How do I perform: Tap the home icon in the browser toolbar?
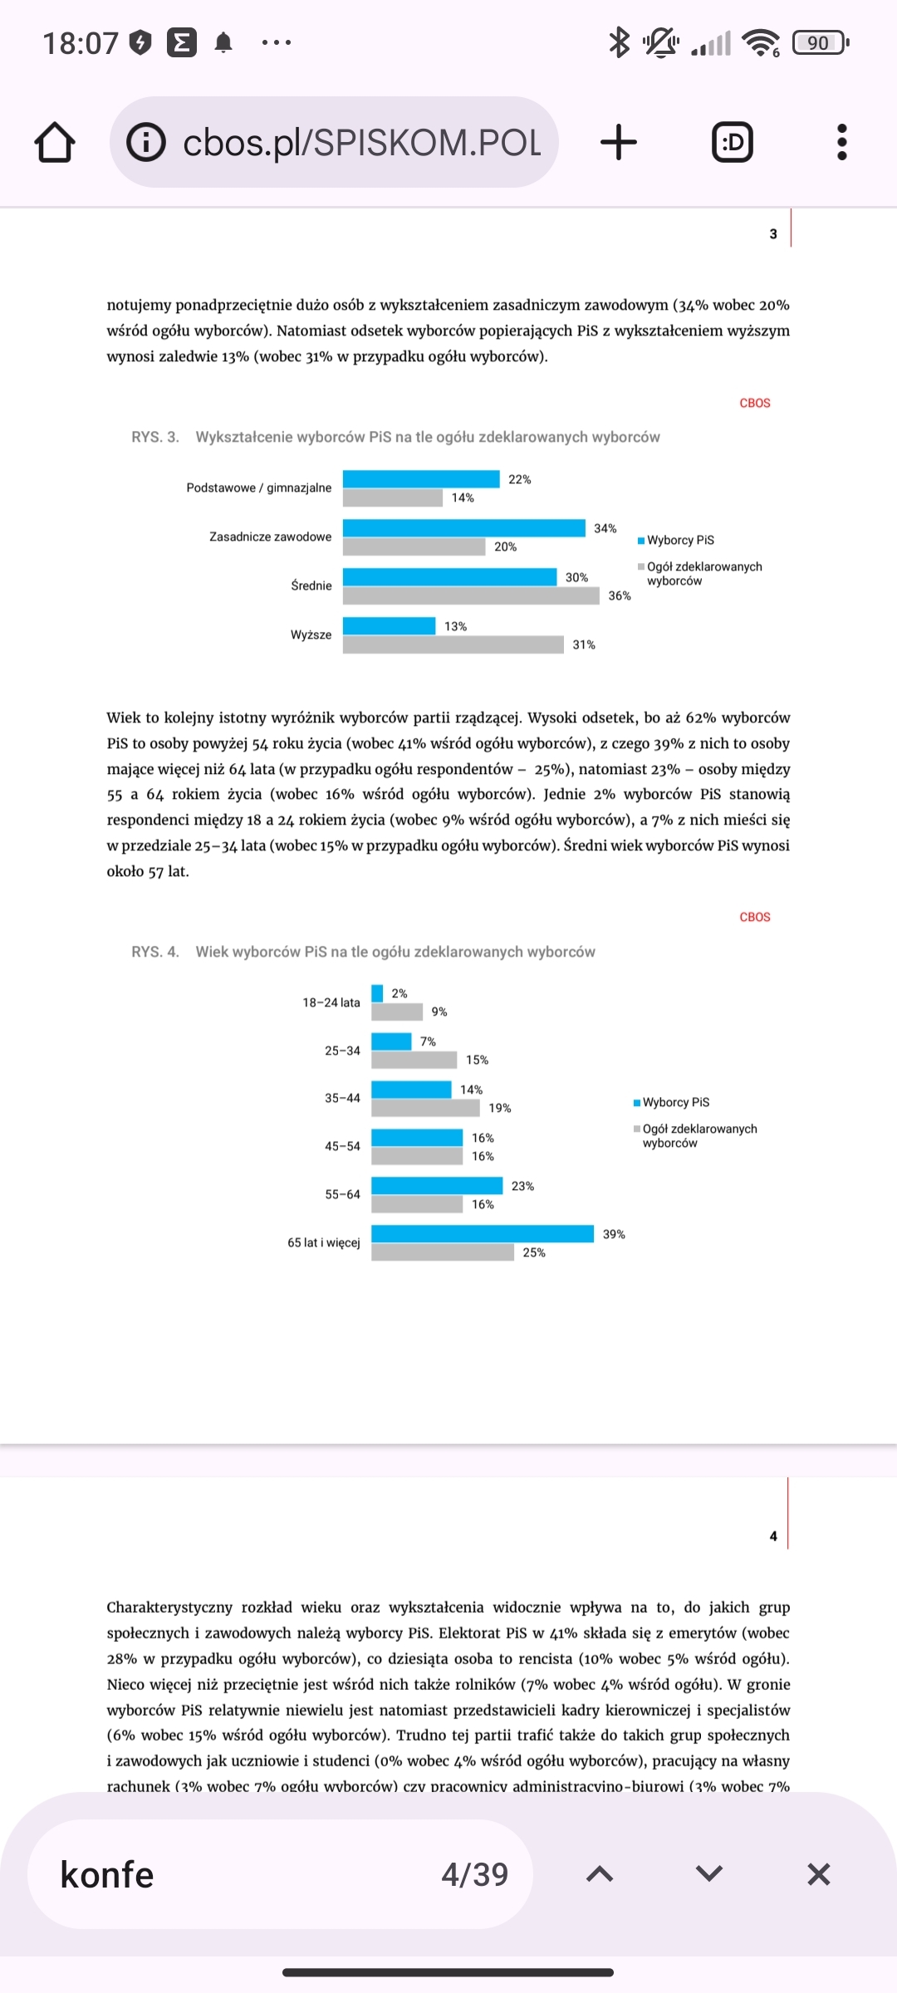point(55,142)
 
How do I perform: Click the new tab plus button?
point(619,142)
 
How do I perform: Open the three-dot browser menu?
point(841,142)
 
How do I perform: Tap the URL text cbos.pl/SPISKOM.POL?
point(361,143)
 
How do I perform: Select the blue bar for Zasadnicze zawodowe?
point(463,528)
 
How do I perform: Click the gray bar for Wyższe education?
point(453,644)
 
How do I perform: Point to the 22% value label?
point(520,479)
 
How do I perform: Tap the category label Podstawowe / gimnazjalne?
point(258,487)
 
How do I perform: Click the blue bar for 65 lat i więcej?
point(482,1234)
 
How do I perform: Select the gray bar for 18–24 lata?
point(396,1011)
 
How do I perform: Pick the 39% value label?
point(614,1234)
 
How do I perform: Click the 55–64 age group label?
point(342,1194)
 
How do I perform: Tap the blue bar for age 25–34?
point(391,1041)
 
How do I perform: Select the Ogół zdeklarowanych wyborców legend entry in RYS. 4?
point(698,1135)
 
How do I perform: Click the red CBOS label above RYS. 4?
point(755,917)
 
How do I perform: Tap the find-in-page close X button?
point(818,1874)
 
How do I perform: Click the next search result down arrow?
point(708,1874)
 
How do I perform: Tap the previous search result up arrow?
point(600,1874)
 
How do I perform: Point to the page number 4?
point(773,1536)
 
